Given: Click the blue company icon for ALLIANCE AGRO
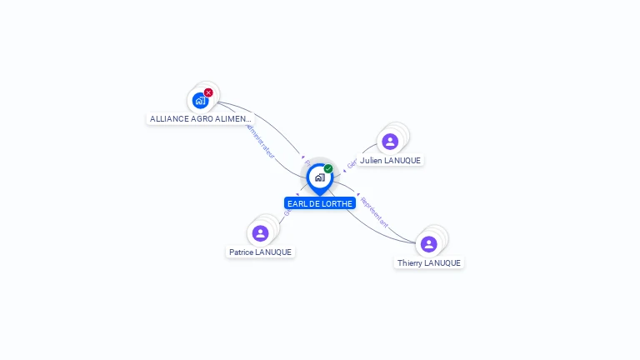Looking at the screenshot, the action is point(200,101).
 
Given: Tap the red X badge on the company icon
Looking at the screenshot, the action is point(208,92).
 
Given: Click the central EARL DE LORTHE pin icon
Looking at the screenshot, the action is point(319,177).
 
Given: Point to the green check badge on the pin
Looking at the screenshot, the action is point(328,169).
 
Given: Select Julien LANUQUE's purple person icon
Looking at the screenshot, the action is point(389,142).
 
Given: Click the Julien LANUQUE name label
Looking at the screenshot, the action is point(390,160).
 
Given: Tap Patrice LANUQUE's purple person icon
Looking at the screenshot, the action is point(260,233).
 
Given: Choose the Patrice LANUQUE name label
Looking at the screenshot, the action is point(261,252).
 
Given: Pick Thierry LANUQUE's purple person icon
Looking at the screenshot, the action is point(428,244).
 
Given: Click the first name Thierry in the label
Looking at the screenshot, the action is point(410,262).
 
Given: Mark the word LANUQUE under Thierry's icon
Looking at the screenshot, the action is point(442,262).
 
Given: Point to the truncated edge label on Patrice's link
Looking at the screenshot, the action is point(287,212).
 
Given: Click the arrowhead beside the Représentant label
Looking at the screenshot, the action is point(358,195).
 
